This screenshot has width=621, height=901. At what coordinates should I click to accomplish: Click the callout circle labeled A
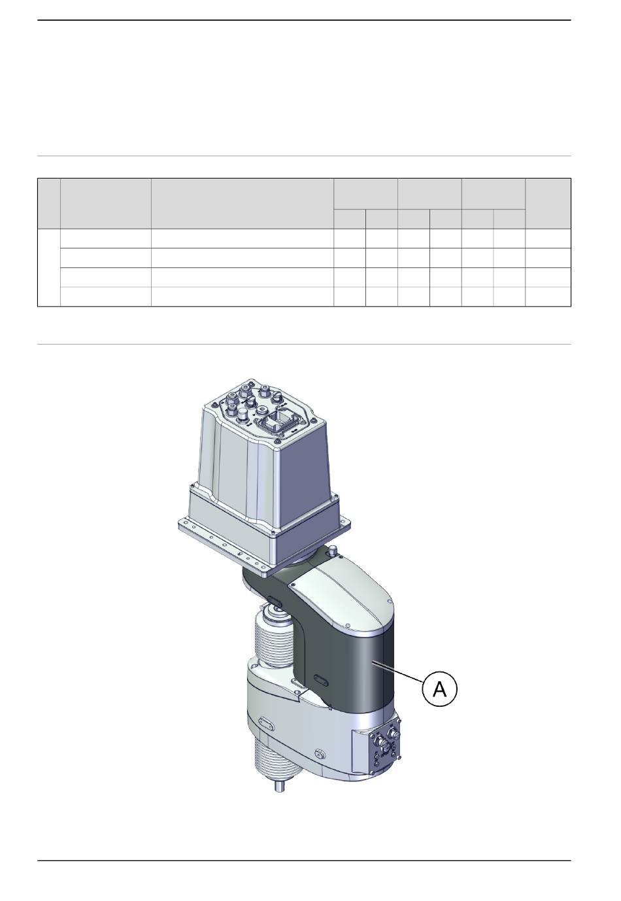pos(440,688)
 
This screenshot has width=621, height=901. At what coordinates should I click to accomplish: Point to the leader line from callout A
pos(398,668)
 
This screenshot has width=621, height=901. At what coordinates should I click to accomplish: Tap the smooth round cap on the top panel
pos(242,415)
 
